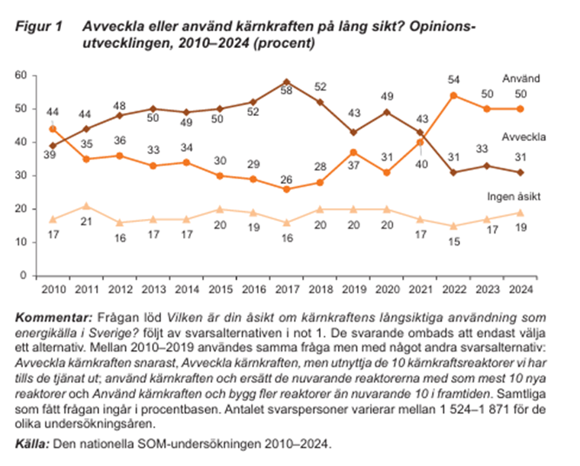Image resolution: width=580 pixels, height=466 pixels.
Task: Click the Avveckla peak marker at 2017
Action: [285, 82]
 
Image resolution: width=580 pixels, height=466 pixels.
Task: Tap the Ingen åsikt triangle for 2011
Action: [86, 205]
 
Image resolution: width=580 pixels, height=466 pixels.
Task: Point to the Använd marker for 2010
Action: [51, 129]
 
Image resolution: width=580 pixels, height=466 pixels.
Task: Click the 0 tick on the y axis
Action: [24, 275]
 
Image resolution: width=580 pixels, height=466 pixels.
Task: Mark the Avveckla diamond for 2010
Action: [51, 146]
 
